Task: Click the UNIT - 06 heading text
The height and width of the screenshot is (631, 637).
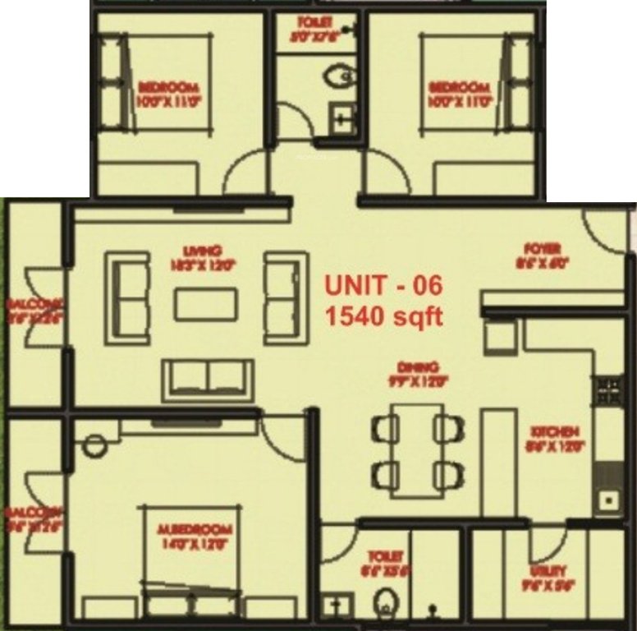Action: pyautogui.click(x=383, y=286)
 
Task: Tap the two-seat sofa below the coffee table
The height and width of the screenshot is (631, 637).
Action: pyautogui.click(x=207, y=379)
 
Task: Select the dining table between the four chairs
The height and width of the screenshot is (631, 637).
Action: pyautogui.click(x=416, y=450)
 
